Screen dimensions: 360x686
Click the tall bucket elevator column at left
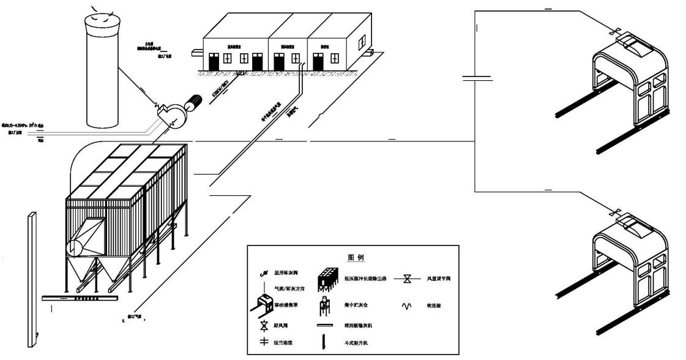coord(31,276)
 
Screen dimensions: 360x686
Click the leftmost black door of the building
coord(214,62)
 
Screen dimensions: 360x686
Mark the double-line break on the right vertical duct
coord(475,78)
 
